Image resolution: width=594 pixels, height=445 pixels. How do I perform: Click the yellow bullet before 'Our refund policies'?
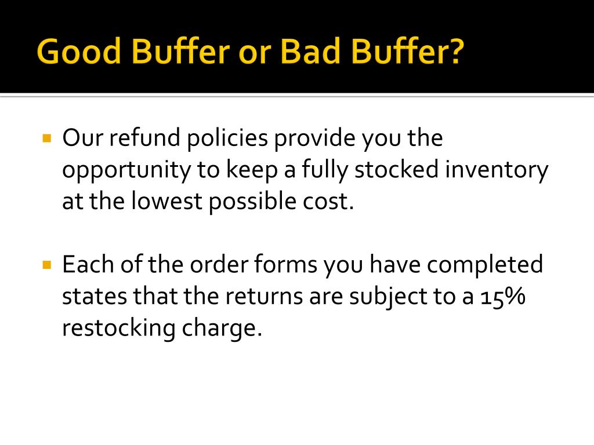tap(48, 139)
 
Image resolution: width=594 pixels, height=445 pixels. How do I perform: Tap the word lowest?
tap(164, 202)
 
